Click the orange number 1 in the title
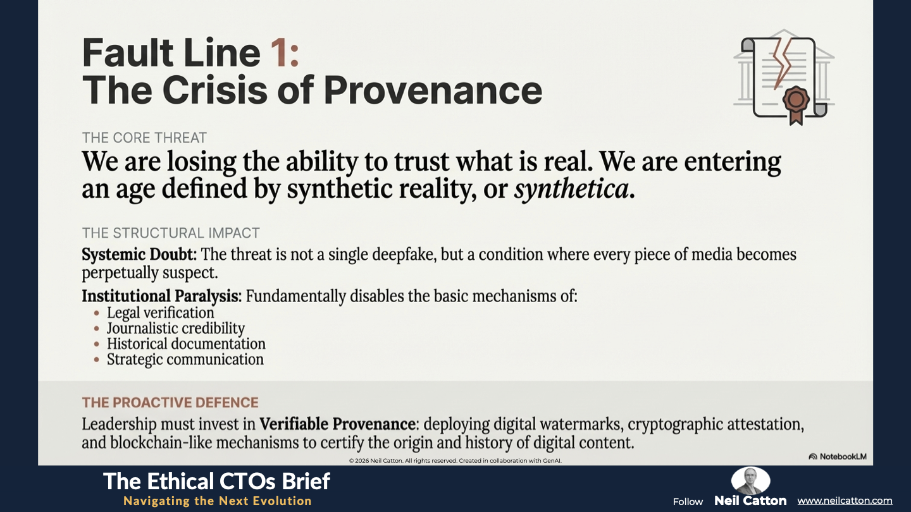[280, 53]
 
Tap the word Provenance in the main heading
[433, 90]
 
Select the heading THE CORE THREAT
[144, 138]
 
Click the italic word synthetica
[571, 189]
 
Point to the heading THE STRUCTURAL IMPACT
[171, 233]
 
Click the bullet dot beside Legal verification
[96, 313]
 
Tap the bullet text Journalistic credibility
[176, 328]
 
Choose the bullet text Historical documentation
[186, 344]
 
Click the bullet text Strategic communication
[185, 360]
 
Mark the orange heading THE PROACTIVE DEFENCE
[170, 402]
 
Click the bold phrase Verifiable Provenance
[337, 424]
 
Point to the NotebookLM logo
[838, 456]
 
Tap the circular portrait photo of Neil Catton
[750, 480]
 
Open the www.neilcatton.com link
[845, 501]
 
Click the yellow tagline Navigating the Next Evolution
[218, 501]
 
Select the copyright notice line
[455, 460]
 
